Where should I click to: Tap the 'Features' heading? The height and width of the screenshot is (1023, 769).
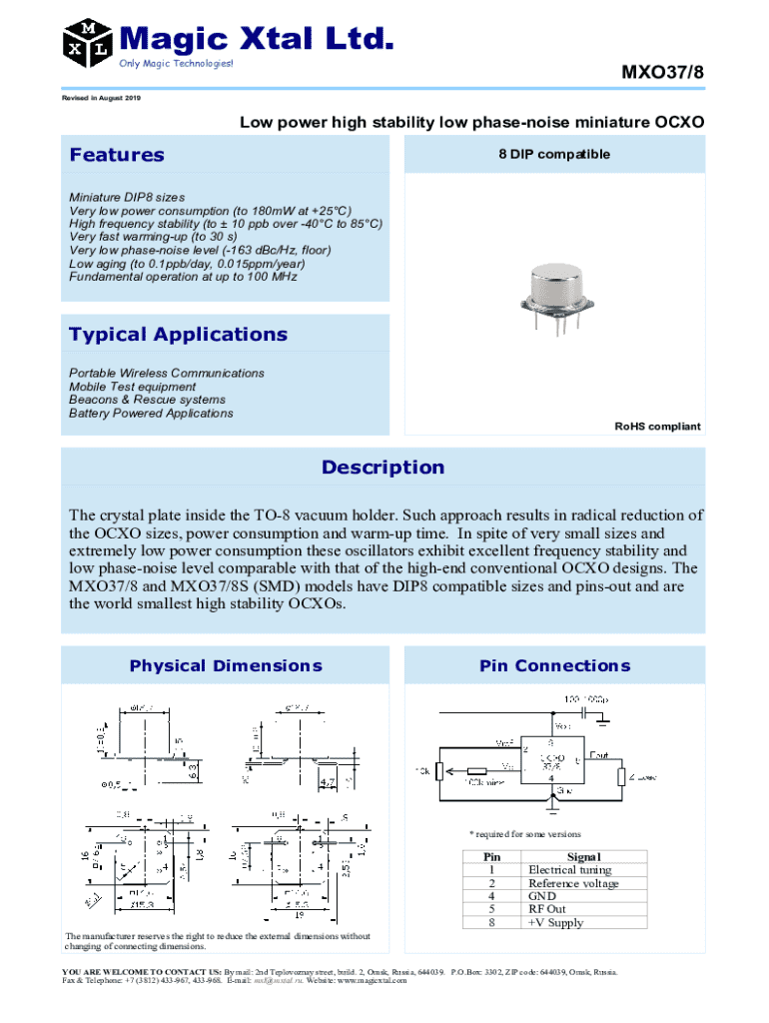(117, 155)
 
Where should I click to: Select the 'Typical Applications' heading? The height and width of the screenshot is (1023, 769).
(178, 335)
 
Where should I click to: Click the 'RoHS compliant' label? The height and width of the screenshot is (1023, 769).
(657, 427)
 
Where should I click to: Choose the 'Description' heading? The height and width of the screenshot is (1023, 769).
(383, 468)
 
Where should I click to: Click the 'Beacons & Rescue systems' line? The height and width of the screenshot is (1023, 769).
(140, 400)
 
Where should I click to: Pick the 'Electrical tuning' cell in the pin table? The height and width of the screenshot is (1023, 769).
(569, 870)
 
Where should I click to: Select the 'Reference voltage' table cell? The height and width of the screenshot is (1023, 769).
(573, 883)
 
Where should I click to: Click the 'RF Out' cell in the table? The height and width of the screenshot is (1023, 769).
(547, 909)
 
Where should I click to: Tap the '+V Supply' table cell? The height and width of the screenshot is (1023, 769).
(555, 922)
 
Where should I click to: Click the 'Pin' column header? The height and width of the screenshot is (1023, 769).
(491, 856)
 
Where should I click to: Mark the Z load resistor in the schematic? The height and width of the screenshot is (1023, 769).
(621, 777)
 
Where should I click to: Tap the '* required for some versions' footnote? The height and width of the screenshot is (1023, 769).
(525, 834)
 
